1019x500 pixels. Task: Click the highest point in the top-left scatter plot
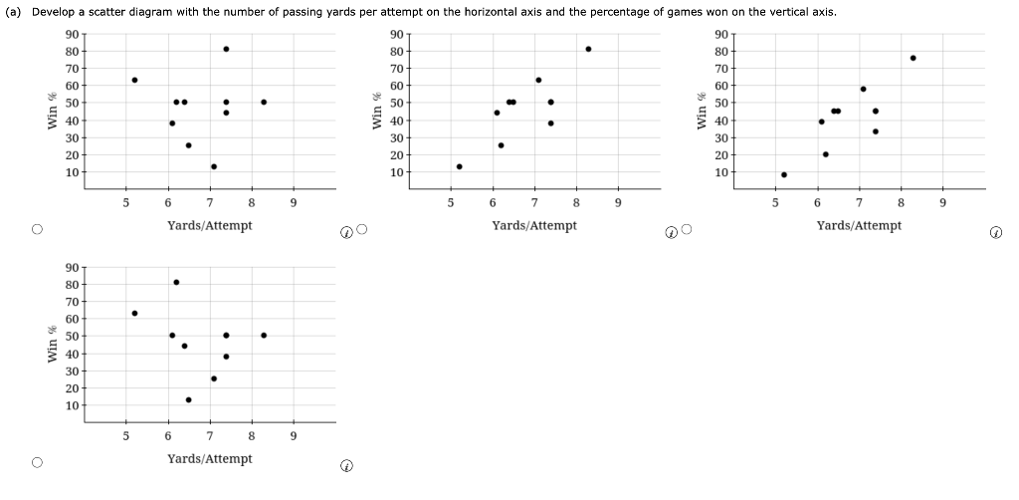coord(226,49)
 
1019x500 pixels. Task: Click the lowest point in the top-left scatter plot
coord(214,166)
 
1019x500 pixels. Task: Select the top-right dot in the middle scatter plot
coord(588,49)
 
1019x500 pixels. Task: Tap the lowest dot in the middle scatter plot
coord(459,166)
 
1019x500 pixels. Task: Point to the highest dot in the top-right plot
coord(913,58)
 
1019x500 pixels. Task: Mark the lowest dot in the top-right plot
coord(784,174)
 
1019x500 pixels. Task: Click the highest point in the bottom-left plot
coord(176,282)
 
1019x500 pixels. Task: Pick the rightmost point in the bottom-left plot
coord(264,335)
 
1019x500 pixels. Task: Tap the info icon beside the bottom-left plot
coord(345,466)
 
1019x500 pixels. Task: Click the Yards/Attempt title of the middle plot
coord(534,225)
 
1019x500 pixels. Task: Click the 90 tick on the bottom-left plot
coord(73,267)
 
